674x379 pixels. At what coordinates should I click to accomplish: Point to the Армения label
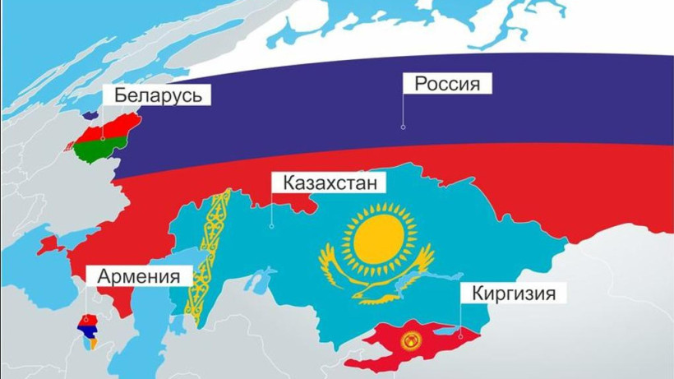(x=138, y=275)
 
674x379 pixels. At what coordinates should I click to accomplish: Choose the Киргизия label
(x=508, y=293)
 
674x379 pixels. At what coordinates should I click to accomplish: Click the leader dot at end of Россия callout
(x=403, y=127)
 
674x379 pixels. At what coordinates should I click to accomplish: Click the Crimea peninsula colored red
(x=48, y=245)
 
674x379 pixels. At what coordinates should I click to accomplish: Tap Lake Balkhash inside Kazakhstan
(x=411, y=284)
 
